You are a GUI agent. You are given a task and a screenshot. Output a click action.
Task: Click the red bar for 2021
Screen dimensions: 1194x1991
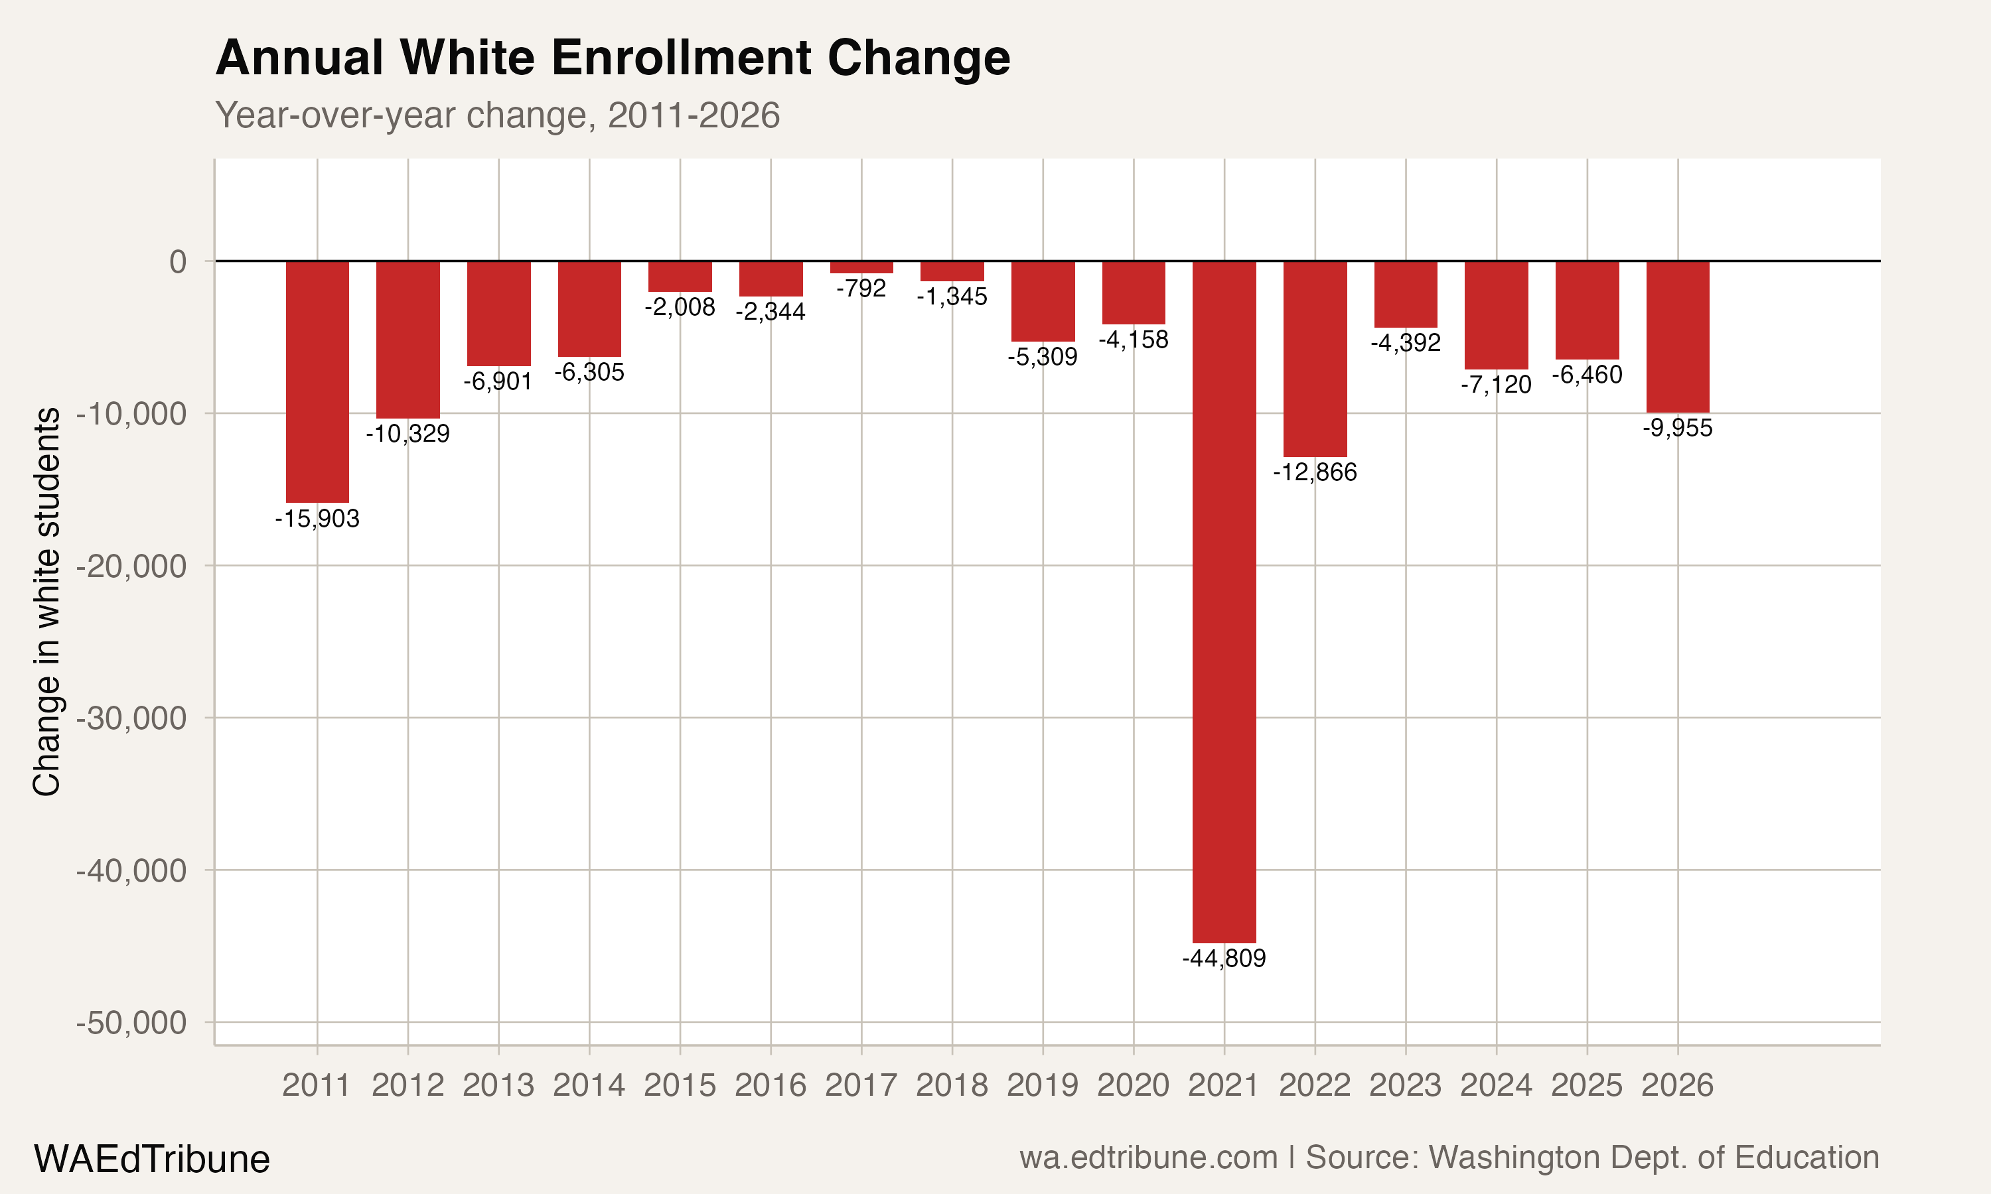[x=1224, y=602]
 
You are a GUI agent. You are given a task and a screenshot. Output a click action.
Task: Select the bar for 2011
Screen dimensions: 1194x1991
[x=317, y=381]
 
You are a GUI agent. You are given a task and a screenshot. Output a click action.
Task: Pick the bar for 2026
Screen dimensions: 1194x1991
[x=1677, y=336]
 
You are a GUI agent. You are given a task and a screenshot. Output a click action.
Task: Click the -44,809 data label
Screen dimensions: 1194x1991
[x=1224, y=959]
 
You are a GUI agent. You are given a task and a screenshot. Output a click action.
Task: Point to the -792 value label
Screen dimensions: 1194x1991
[x=861, y=288]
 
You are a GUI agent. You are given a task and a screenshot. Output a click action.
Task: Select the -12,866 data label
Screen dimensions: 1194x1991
[x=1315, y=472]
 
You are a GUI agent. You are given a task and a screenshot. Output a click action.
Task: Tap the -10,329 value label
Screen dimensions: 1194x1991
[x=408, y=434]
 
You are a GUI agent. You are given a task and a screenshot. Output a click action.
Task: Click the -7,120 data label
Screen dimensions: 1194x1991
[x=1496, y=385]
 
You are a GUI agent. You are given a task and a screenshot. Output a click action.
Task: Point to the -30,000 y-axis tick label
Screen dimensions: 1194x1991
[x=131, y=718]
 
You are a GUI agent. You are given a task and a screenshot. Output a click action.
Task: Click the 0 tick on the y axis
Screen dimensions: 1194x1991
[x=178, y=261]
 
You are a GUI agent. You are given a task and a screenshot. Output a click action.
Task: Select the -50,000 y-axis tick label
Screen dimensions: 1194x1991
[x=131, y=1023]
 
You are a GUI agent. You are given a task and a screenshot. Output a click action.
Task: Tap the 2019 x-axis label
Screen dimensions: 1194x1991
[x=1042, y=1085]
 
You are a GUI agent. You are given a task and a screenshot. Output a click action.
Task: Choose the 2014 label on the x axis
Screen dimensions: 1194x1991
[x=589, y=1085]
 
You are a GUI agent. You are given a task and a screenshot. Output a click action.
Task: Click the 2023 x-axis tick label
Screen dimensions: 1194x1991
[x=1405, y=1085]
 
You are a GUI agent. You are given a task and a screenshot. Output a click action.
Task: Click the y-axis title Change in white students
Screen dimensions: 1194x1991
[x=46, y=602]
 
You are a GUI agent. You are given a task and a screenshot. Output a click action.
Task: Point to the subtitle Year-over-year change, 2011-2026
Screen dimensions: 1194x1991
[x=497, y=115]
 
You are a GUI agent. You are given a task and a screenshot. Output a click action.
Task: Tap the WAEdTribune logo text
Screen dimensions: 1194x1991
[x=151, y=1160]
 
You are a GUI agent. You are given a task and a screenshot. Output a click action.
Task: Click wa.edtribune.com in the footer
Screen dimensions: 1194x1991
[x=1148, y=1158]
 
